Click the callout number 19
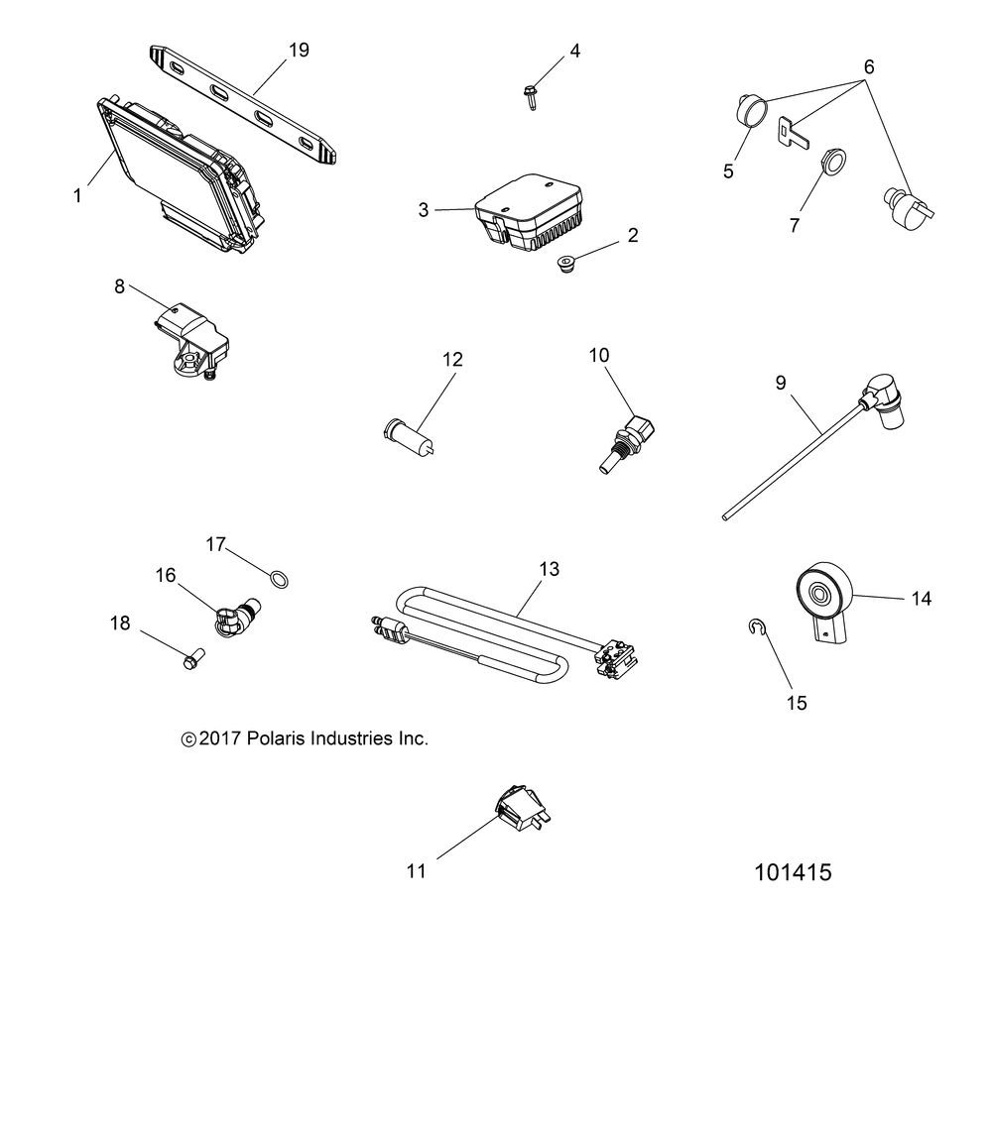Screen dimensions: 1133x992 pyautogui.click(x=299, y=51)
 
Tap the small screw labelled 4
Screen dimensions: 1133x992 pyautogui.click(x=529, y=95)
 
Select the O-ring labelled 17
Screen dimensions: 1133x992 pyautogui.click(x=283, y=577)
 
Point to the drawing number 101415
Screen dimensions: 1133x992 pyautogui.click(x=793, y=872)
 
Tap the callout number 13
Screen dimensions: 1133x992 pyautogui.click(x=549, y=569)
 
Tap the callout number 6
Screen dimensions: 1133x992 pyautogui.click(x=869, y=67)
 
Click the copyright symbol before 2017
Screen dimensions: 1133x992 pyautogui.click(x=188, y=739)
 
